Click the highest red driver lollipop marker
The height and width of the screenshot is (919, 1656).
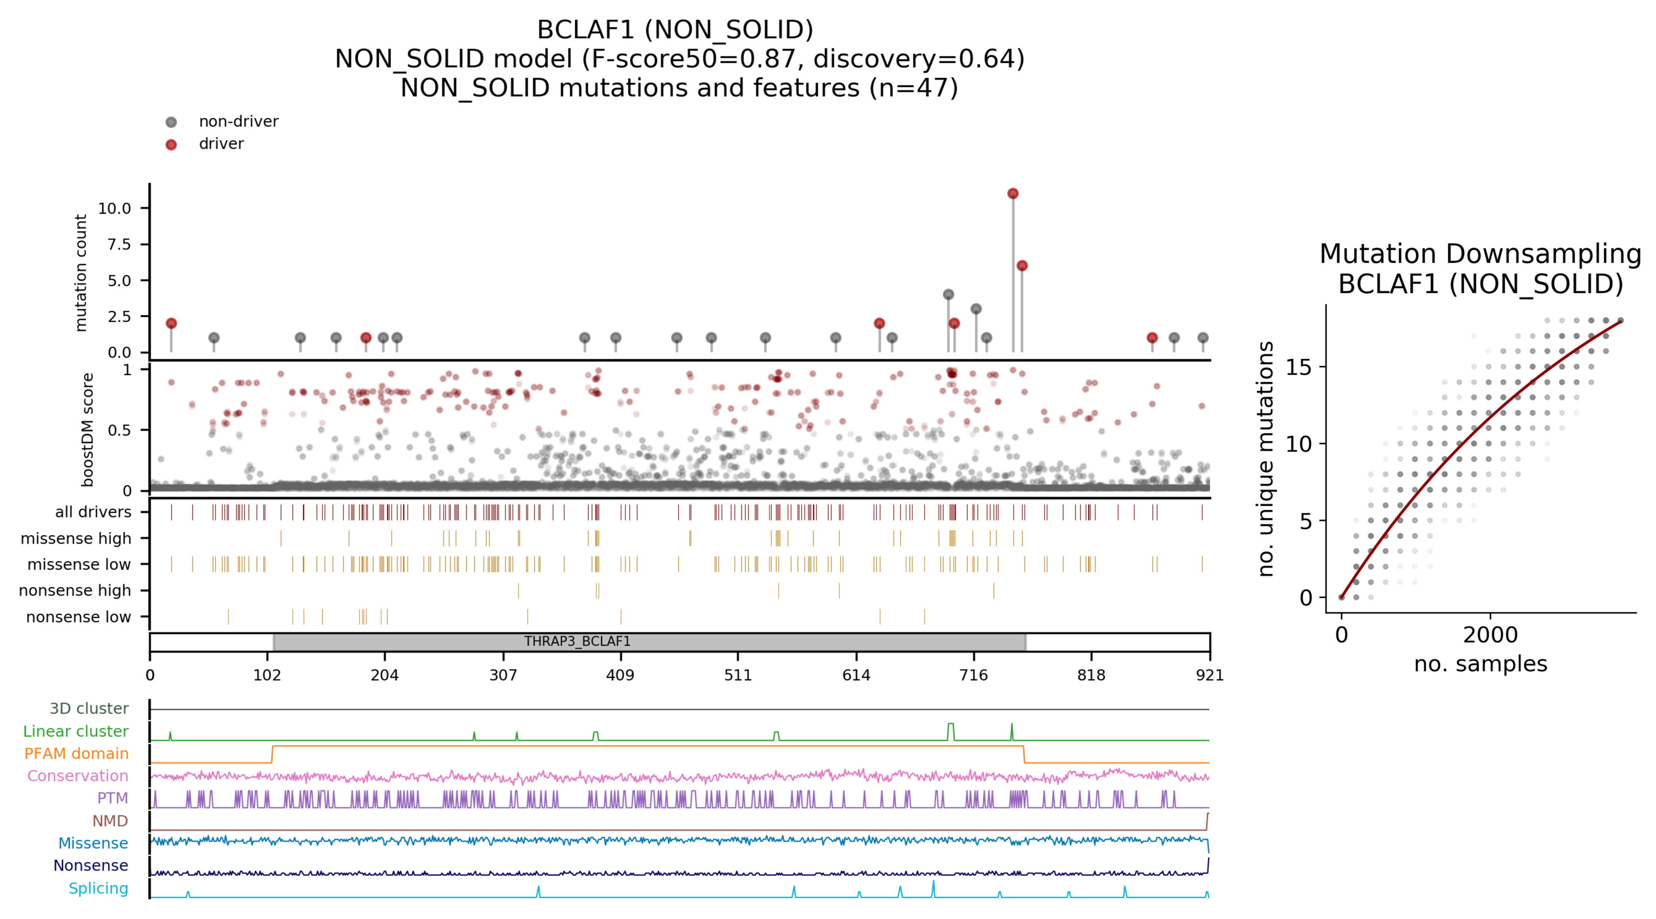click(1012, 193)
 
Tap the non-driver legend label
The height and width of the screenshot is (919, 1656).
click(238, 122)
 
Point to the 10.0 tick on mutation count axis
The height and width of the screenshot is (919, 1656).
click(114, 208)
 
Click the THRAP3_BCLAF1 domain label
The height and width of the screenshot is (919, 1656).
click(577, 641)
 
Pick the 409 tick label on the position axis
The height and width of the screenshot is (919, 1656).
click(620, 675)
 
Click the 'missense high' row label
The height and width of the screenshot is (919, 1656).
click(76, 539)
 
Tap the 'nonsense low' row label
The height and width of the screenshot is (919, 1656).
click(78, 617)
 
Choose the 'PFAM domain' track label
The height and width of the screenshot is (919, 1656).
click(77, 753)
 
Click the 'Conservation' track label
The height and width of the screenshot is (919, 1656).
click(78, 776)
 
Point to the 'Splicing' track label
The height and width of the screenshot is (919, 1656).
click(98, 888)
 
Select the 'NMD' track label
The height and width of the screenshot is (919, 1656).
click(110, 821)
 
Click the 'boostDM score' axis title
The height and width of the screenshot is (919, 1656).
click(87, 429)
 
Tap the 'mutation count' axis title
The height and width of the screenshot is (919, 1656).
click(81, 273)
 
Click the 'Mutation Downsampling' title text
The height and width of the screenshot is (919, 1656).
click(1480, 254)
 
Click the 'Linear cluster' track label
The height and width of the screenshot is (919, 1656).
click(76, 731)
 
